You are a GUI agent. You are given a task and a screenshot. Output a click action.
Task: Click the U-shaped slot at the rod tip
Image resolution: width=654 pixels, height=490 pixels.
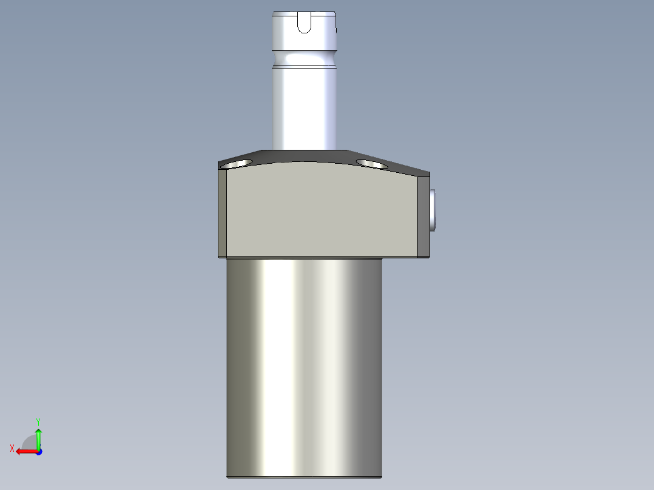pyautogui.click(x=304, y=23)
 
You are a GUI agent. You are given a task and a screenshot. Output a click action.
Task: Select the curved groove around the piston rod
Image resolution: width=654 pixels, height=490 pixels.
pyautogui.click(x=305, y=59)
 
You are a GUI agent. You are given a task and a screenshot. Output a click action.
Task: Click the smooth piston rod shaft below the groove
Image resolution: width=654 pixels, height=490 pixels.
pyautogui.click(x=305, y=109)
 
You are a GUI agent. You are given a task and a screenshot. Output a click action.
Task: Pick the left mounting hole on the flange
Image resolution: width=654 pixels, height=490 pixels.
pyautogui.click(x=236, y=163)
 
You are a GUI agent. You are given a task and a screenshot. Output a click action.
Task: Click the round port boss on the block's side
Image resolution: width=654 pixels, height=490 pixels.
pyautogui.click(x=433, y=209)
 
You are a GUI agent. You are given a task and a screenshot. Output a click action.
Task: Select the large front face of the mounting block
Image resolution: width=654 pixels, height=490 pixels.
pyautogui.click(x=322, y=212)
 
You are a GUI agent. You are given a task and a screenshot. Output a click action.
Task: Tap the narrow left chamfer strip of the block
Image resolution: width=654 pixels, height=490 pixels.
pyautogui.click(x=222, y=212)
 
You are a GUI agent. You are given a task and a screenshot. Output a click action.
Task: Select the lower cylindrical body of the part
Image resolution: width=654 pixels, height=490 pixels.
pyautogui.click(x=305, y=364)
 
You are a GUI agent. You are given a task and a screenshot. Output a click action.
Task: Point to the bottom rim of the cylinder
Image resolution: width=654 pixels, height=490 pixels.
pyautogui.click(x=305, y=477)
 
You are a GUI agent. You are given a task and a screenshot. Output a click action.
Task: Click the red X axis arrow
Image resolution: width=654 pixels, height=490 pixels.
pyautogui.click(x=24, y=451)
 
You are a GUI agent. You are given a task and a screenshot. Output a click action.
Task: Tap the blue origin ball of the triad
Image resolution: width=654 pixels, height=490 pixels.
pyautogui.click(x=38, y=451)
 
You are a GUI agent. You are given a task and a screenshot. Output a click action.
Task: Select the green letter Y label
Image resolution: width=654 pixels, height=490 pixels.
pyautogui.click(x=38, y=421)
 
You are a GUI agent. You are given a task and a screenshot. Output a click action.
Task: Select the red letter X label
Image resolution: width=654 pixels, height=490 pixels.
pyautogui.click(x=12, y=448)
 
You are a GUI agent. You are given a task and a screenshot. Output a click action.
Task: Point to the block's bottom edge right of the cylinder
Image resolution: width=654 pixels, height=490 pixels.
pyautogui.click(x=405, y=258)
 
